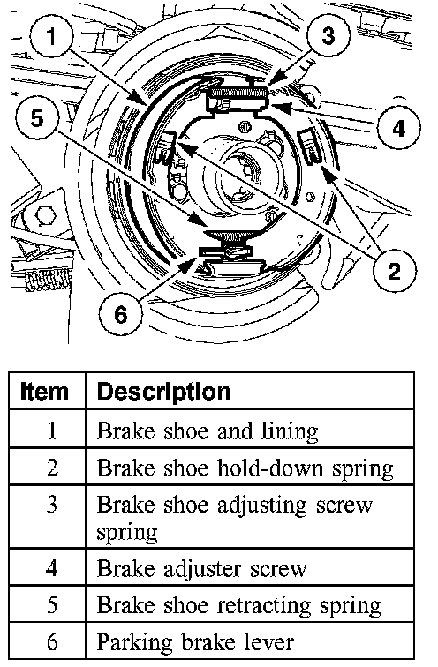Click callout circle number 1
pos(52,35)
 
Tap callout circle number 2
pos(394,270)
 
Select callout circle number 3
pos(328,34)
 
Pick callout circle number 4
pos(398,127)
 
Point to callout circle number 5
pos(37,116)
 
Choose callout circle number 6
pos(120,314)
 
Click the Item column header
pos(44,392)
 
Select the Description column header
pos(164,392)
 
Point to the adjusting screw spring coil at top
pos(239,93)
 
